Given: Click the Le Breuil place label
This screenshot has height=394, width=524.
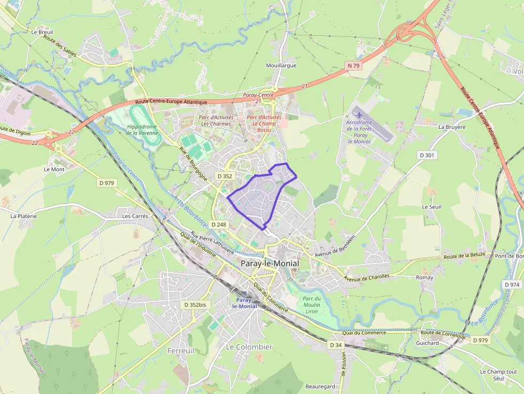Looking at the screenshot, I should (42, 32).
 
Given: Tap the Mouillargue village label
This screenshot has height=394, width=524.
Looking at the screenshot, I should (281, 66).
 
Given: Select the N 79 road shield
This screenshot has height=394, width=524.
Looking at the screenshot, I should (352, 66).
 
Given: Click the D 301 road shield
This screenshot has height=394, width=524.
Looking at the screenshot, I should (427, 155).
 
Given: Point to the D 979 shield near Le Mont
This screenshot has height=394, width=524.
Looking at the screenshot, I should (107, 183).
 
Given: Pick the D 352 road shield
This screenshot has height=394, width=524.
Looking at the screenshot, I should (225, 176).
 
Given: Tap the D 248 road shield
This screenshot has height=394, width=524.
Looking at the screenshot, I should (219, 225).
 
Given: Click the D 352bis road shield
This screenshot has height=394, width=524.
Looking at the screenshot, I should (195, 305).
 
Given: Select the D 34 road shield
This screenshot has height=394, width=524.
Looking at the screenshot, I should (336, 345).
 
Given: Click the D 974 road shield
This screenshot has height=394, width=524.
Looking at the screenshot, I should (512, 285).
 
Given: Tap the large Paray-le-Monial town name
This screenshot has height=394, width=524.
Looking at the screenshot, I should (269, 264).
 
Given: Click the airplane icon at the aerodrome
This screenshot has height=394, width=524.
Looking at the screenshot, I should (358, 114).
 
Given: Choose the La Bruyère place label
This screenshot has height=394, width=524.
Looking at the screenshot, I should (452, 127).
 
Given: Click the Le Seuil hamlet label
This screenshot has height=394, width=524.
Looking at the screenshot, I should (431, 207).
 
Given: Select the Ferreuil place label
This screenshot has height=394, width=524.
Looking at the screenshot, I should (181, 351).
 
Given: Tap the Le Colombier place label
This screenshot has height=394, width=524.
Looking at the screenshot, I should (249, 347).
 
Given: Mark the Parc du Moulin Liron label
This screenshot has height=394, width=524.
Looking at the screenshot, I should (311, 305).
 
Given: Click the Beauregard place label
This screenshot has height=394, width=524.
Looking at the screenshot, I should (320, 387).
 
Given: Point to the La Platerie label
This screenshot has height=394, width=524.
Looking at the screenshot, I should (24, 217).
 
